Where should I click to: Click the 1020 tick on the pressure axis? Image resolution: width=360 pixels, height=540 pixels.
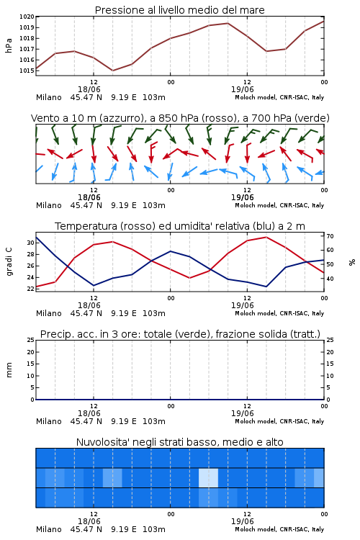click(27, 17)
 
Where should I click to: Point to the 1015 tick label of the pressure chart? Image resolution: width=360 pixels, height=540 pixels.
click(27, 71)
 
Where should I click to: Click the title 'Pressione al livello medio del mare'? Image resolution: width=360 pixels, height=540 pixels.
click(180, 10)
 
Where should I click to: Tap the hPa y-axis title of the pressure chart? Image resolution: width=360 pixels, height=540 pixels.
click(9, 45)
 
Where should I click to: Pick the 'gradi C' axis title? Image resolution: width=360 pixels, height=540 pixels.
click(9, 261)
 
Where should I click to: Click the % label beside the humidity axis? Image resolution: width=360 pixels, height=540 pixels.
click(352, 262)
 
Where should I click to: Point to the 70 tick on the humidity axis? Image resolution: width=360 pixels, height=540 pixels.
click(330, 236)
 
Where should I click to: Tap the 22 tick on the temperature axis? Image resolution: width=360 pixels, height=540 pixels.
click(31, 289)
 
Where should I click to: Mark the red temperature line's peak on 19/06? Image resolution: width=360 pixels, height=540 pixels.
click(266, 237)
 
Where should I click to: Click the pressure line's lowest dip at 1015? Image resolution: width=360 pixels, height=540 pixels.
click(112, 71)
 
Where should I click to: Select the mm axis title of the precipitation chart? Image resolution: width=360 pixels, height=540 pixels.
click(9, 370)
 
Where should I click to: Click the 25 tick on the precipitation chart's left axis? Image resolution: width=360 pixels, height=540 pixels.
click(31, 340)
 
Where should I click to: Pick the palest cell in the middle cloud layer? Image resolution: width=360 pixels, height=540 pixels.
click(208, 477)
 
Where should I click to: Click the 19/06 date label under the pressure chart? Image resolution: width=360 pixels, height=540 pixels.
click(242, 89)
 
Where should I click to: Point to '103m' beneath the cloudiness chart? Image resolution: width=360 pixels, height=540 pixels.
click(154, 529)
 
